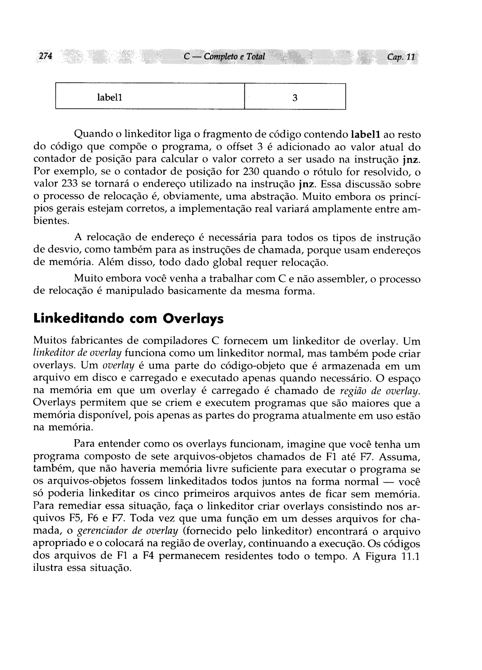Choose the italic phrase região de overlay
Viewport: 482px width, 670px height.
380,391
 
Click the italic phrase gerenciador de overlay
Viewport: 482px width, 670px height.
127,531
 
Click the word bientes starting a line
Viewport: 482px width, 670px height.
51,221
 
